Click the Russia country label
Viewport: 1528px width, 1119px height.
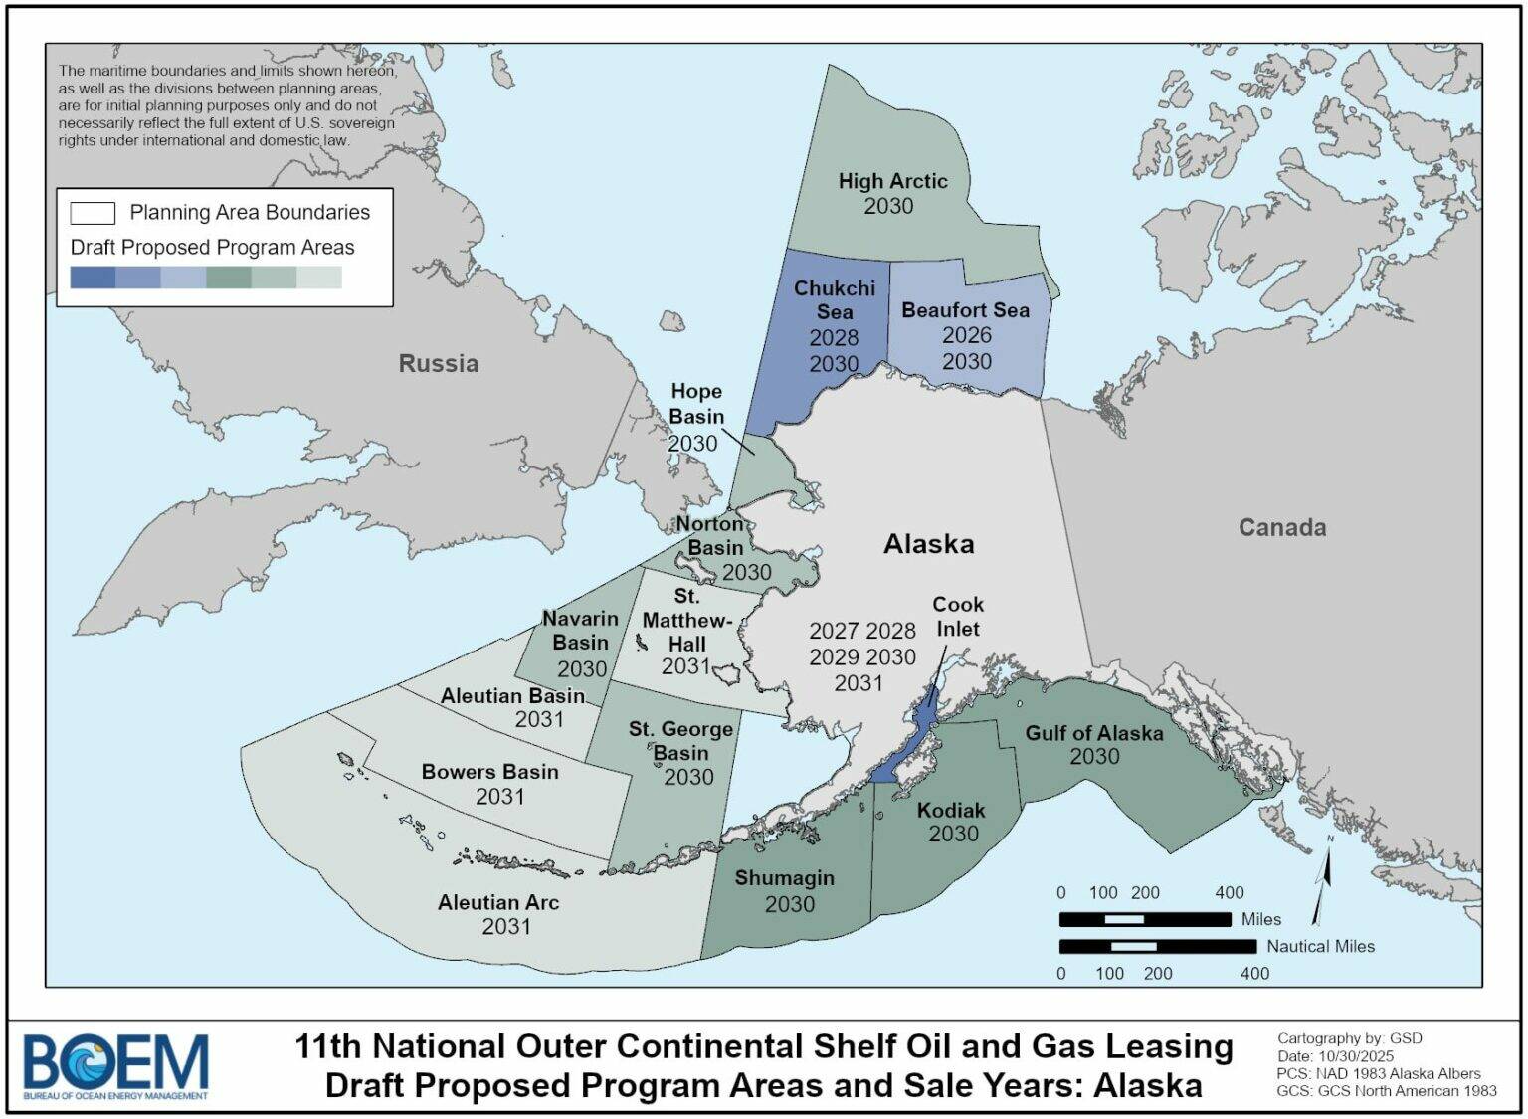438,363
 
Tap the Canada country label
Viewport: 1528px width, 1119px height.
1281,527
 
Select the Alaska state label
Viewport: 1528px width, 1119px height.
928,544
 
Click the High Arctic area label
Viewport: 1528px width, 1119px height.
892,181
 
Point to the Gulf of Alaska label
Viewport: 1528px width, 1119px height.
1093,733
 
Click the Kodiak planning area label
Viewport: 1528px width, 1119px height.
951,810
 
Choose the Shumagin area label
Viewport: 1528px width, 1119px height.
784,878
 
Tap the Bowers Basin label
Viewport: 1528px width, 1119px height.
489,772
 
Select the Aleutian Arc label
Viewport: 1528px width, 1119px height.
498,902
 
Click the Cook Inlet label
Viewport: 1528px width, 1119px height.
957,617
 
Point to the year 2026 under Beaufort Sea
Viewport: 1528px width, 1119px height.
966,335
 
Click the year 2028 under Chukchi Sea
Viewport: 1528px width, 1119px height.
833,338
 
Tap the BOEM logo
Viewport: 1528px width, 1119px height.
115,1065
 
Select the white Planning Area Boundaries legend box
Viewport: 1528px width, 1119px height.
93,213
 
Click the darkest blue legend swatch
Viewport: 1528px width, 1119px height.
93,278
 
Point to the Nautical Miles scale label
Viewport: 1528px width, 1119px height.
1319,946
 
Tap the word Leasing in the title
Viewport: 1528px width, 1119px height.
1168,1046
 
